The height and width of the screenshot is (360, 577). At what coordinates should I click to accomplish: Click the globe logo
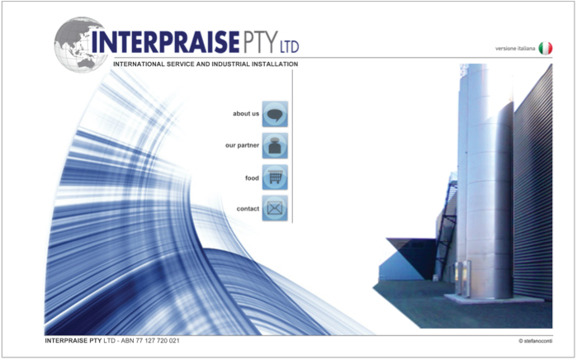(x=81, y=45)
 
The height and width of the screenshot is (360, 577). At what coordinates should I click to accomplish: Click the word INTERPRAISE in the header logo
(x=165, y=42)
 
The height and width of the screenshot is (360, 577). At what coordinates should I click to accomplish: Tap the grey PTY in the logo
(x=260, y=42)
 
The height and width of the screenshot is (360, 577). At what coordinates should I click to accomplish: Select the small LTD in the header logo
(x=289, y=47)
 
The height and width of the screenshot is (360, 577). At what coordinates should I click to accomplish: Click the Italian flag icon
(x=546, y=48)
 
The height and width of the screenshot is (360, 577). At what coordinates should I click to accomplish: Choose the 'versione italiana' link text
(x=515, y=49)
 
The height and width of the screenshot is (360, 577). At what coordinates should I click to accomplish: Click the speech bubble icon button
(x=275, y=114)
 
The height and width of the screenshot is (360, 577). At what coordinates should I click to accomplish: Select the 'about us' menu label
(x=246, y=114)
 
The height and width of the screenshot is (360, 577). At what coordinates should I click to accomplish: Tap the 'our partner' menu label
(x=242, y=145)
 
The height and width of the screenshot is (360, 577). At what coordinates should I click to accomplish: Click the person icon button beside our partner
(x=275, y=146)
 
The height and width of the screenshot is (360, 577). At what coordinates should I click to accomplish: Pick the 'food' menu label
(x=252, y=178)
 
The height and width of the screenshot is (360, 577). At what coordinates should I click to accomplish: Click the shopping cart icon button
(x=275, y=178)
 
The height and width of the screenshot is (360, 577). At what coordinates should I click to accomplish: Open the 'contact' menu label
(x=248, y=209)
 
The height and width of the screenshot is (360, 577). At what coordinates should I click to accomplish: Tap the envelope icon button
(x=275, y=208)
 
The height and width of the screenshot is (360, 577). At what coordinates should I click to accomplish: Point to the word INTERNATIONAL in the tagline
(x=140, y=64)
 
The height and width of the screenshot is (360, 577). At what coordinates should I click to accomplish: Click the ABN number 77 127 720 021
(x=158, y=340)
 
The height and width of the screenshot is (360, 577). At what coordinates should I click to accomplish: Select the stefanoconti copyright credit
(x=536, y=341)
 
